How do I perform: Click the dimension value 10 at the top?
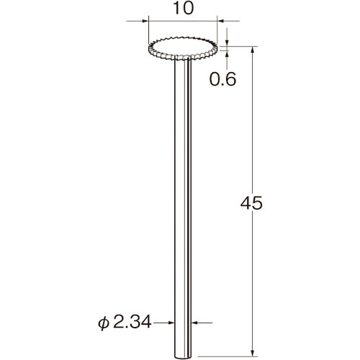pos(183,9)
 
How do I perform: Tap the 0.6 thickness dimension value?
pos(222,79)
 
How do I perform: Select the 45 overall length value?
pos(251,204)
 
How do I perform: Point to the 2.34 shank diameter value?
pos(132,322)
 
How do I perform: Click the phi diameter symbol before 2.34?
pos(104,323)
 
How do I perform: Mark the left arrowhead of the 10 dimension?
pos(145,21)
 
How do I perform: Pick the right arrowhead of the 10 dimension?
pos(220,21)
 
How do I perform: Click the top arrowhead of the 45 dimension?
pos(252,50)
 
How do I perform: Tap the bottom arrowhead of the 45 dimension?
pos(252,353)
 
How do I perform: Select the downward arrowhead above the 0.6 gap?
pos(227,42)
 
